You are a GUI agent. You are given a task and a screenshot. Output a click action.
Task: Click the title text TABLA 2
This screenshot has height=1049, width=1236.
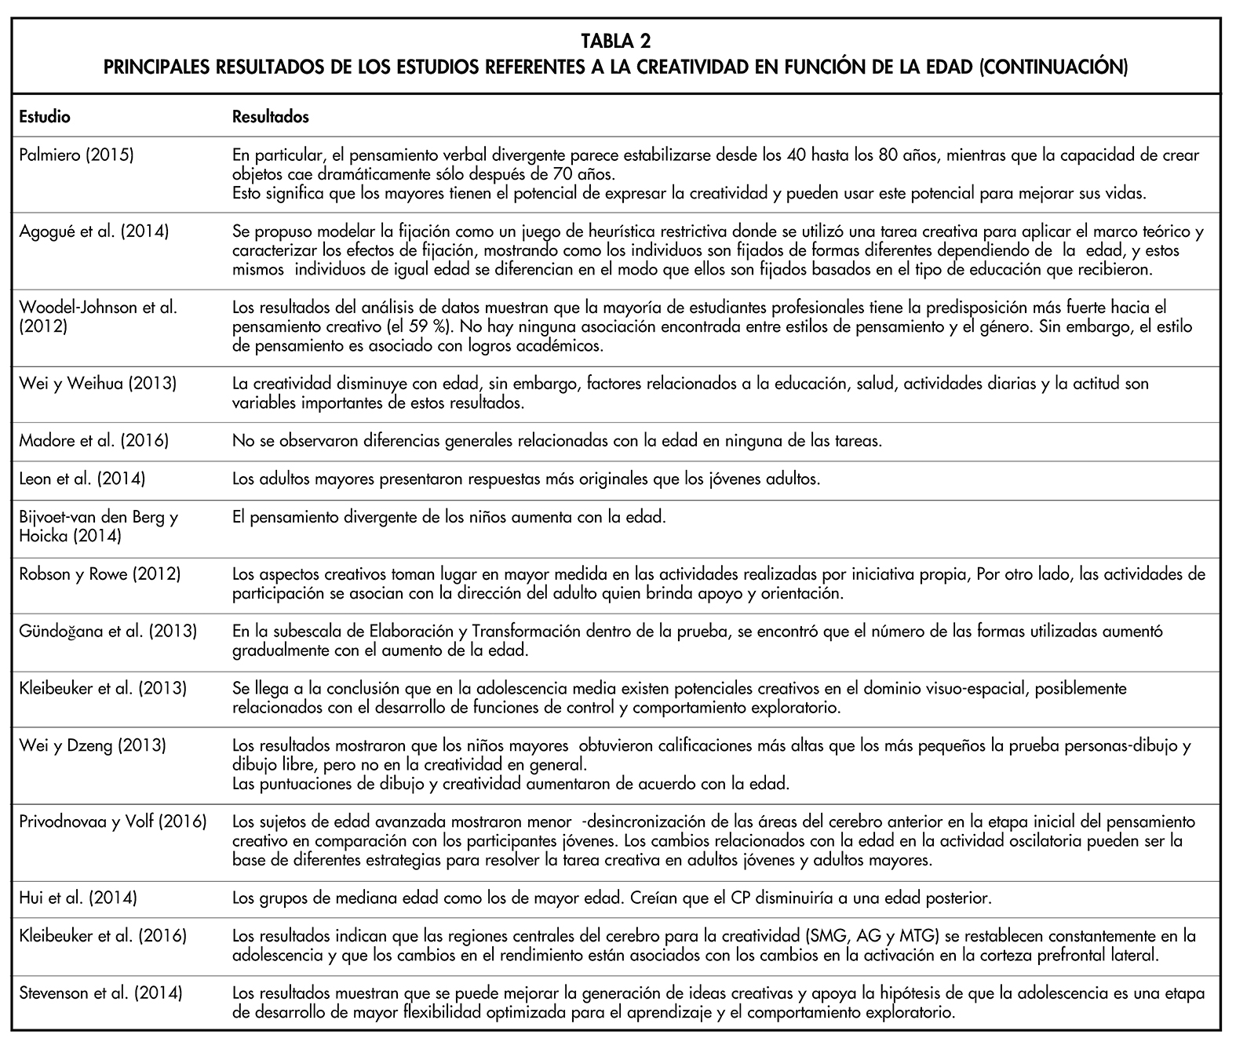(616, 40)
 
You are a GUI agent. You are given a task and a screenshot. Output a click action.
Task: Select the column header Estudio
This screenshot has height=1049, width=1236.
(44, 117)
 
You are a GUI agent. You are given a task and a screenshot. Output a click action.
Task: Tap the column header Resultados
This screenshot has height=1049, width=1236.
(271, 117)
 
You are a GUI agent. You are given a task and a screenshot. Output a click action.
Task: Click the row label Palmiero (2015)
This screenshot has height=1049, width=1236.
(76, 155)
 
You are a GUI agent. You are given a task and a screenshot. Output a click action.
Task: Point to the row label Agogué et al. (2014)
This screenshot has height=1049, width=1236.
(93, 231)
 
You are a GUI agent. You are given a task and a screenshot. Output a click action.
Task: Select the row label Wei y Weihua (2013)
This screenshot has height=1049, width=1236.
(97, 384)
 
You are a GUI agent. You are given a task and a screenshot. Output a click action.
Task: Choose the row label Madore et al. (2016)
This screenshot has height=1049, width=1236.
(93, 441)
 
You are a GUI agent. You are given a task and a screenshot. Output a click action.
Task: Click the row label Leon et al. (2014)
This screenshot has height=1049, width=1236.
(82, 479)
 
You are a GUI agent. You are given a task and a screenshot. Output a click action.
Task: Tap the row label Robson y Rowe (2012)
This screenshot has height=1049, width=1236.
(100, 574)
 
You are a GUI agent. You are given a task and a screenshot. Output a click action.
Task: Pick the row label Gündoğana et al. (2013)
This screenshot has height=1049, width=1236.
(108, 632)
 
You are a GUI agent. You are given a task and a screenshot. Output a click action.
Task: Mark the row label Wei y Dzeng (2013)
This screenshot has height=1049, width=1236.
(92, 745)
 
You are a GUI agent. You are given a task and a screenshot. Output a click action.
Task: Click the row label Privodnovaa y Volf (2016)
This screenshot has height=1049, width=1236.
(112, 821)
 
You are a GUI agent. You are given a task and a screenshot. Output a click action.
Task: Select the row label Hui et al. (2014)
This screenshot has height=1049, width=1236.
(78, 898)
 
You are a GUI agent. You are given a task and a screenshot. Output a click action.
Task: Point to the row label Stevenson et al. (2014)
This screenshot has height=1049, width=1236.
(100, 993)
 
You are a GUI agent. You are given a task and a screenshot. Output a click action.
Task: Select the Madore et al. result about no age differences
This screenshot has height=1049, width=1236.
(557, 441)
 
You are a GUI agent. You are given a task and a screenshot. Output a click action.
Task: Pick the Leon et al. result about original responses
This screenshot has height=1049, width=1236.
(526, 479)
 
